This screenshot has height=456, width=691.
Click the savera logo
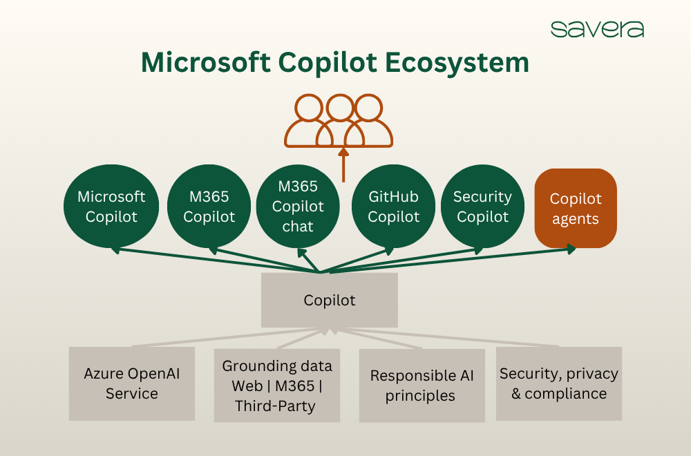[x=597, y=29]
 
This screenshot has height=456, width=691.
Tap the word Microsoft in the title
[x=205, y=63]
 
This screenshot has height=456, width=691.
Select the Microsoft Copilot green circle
[x=111, y=207]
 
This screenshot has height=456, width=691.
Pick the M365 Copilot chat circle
[x=298, y=206]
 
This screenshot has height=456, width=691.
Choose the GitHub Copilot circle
[x=393, y=207]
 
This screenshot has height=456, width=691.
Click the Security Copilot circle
[x=482, y=207]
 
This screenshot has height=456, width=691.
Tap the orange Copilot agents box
[x=576, y=209]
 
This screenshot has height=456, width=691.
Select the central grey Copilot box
[x=330, y=301]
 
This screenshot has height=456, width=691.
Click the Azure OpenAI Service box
[x=131, y=383]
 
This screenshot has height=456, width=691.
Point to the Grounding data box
[x=277, y=386]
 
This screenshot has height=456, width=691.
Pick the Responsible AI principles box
[x=422, y=386]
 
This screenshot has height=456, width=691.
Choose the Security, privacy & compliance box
[x=559, y=383]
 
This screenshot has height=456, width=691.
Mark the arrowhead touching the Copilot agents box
[x=571, y=249]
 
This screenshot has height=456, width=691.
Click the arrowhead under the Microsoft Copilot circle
[x=115, y=249]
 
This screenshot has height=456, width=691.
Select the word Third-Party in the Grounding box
[x=275, y=406]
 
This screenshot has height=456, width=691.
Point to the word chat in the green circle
[x=298, y=226]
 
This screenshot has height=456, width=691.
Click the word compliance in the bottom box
[x=565, y=394]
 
